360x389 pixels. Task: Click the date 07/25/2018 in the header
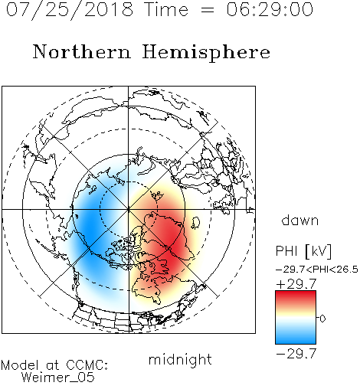(x=70, y=10)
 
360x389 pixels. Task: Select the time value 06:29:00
(x=270, y=9)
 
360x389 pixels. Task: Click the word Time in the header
(x=166, y=9)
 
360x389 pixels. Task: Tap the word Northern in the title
(x=82, y=51)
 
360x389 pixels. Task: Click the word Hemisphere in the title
(x=206, y=53)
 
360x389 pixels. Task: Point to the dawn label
(x=300, y=220)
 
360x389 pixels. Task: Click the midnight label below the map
(x=180, y=360)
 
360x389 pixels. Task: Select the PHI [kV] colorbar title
(x=303, y=251)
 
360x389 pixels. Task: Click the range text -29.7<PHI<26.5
(x=317, y=270)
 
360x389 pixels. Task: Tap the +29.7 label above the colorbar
(x=296, y=284)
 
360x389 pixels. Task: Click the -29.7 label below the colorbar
(x=296, y=354)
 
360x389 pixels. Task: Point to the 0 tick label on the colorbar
(x=322, y=319)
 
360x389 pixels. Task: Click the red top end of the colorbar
(x=296, y=293)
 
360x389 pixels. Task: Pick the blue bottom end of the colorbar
(x=296, y=342)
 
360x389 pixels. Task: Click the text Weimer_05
(x=57, y=378)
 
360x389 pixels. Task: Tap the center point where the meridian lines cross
(x=129, y=209)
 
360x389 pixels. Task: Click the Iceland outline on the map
(x=196, y=223)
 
